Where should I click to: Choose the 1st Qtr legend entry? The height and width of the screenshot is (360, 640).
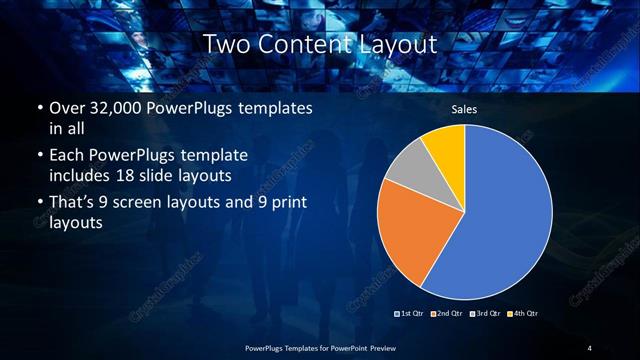click(411, 314)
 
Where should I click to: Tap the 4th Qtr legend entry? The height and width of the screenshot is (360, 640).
click(522, 314)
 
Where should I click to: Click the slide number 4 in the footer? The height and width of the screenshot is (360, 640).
click(589, 347)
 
